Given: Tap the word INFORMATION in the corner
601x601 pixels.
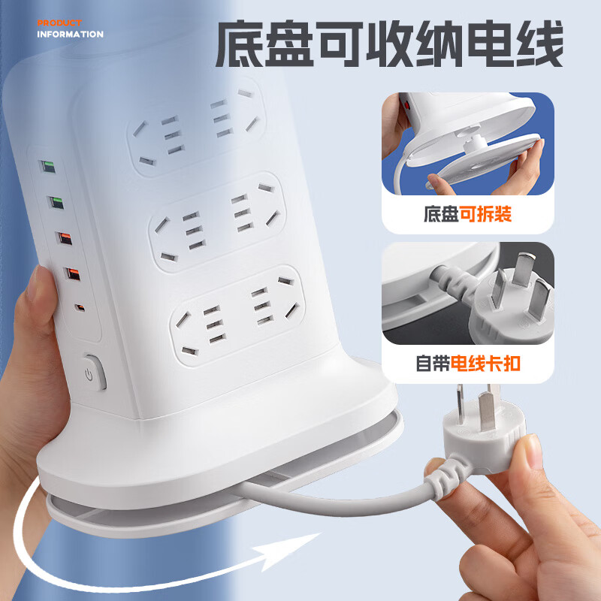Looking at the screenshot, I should (x=70, y=34).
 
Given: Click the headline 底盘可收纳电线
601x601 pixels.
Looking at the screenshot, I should (x=389, y=46).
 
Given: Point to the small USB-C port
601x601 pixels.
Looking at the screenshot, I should (x=80, y=307).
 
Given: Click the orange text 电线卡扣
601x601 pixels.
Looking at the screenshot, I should (x=485, y=364).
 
